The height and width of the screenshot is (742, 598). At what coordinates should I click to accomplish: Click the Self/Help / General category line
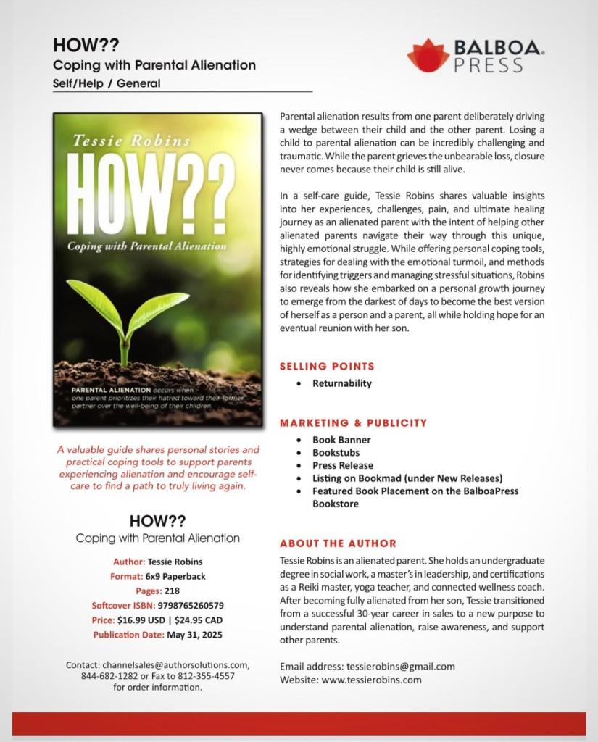(107, 83)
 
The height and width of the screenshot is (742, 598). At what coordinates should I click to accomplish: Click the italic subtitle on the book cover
(147, 246)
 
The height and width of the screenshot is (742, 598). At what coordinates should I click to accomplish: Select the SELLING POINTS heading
(327, 367)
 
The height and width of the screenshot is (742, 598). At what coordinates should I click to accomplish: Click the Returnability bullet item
(341, 383)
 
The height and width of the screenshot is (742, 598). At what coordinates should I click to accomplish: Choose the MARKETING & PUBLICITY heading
(353, 422)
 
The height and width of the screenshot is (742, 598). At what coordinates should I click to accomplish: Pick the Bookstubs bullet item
(336, 453)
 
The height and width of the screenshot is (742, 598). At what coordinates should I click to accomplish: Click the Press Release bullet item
(343, 465)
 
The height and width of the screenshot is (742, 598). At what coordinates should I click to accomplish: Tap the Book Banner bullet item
(341, 440)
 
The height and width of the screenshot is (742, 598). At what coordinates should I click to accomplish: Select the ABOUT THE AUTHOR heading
(338, 543)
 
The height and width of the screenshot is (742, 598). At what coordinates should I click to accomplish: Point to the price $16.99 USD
(144, 620)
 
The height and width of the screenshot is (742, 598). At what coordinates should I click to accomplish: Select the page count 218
(172, 591)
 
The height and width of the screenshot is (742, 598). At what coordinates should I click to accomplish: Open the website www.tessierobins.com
(371, 680)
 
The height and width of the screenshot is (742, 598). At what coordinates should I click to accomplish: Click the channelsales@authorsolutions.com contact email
(176, 664)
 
